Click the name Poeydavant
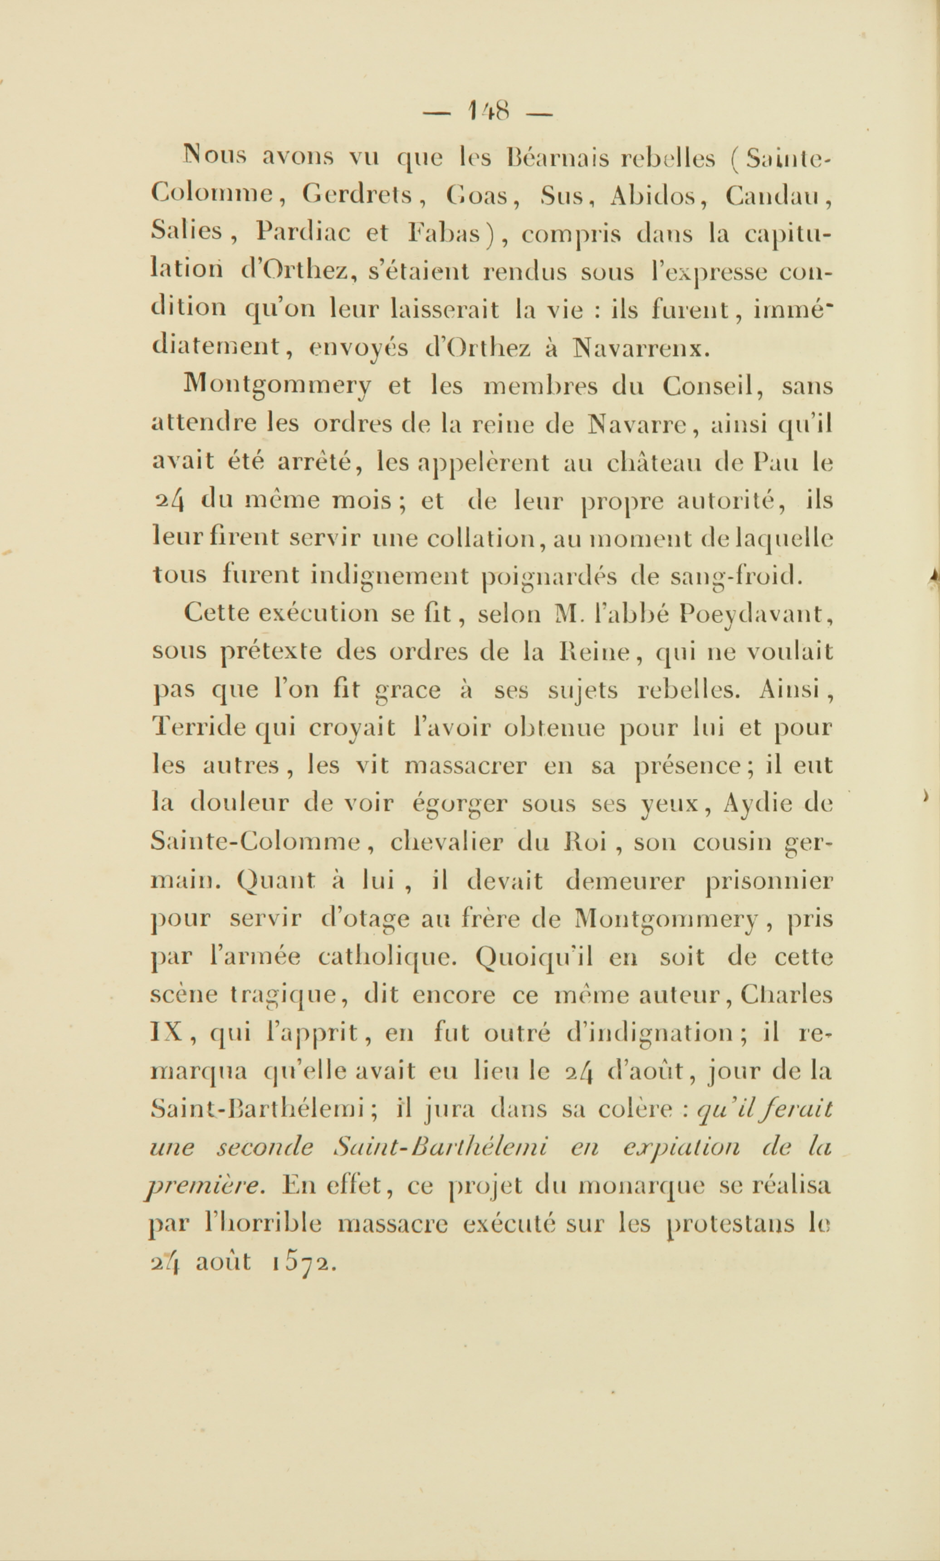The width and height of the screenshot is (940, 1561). click(754, 614)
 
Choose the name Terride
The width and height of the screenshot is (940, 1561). click(200, 728)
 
